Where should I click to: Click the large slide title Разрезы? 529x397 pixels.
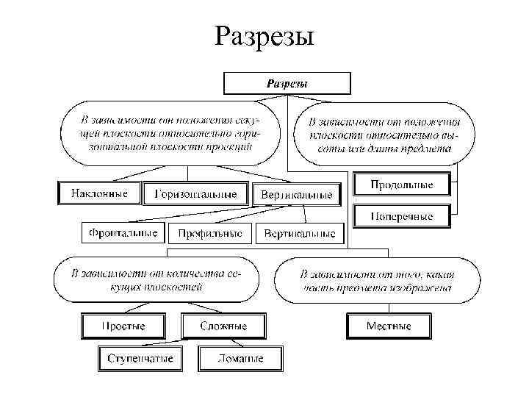pos(264,35)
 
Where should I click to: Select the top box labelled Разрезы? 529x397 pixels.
pos(287,83)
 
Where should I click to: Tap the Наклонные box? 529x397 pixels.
pos(98,194)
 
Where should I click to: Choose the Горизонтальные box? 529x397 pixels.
pos(195,194)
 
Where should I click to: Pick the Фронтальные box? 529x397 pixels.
pos(123,233)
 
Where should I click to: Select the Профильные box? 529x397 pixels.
pos(209,234)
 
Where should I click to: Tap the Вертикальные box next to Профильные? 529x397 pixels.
pos(299,234)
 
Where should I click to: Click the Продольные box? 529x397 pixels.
pos(402,184)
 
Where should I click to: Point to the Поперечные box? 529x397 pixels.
pos(402,216)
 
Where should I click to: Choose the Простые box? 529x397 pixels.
pos(123,326)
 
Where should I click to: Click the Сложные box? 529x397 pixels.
pos(224,326)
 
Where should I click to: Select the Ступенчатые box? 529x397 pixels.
pos(140,359)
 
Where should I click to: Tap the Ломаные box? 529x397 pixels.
pos(240,359)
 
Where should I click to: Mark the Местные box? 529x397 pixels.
pos(389,326)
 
